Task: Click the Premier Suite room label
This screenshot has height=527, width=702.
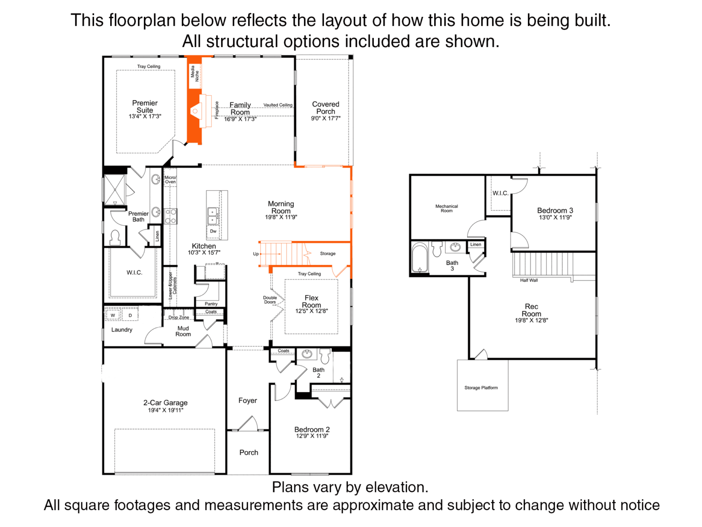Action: [145, 107]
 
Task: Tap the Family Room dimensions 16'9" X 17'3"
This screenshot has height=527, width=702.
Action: [240, 119]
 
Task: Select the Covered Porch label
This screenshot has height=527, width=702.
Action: [325, 108]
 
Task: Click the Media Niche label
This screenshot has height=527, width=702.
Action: [195, 73]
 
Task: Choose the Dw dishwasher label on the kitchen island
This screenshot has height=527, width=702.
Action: [213, 231]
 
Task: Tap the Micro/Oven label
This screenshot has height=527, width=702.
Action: [170, 179]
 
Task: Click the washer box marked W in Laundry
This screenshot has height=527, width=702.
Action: [113, 315]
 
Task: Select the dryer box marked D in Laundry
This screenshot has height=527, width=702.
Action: [130, 315]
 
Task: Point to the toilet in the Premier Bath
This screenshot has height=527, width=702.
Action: [115, 237]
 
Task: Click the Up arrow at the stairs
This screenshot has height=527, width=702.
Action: [270, 254]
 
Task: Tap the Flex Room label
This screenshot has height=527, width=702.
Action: [311, 301]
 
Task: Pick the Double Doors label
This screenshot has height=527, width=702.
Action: [270, 300]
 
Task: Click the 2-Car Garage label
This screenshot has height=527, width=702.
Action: [165, 403]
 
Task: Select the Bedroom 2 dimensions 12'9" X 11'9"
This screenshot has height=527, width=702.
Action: [312, 436]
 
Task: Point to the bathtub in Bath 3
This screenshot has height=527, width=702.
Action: [420, 258]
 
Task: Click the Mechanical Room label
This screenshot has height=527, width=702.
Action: [447, 208]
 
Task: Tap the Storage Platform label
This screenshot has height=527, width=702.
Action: [481, 387]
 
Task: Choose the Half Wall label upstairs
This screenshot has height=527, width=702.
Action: [529, 280]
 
